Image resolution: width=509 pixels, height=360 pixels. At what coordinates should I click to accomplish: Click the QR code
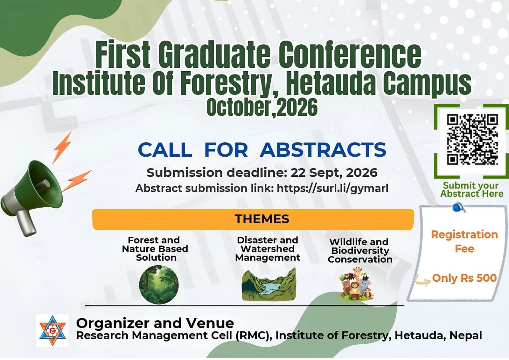click(472, 139)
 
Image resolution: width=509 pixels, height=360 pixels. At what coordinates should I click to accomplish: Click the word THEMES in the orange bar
click(262, 219)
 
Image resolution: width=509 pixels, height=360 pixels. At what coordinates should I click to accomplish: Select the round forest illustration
click(159, 285)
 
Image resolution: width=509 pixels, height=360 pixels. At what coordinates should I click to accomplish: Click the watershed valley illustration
click(269, 285)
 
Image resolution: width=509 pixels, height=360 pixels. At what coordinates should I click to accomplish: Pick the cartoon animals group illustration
click(356, 284)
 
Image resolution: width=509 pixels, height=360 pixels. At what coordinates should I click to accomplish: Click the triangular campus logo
click(52, 330)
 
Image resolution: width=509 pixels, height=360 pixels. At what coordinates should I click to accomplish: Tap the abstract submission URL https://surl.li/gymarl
click(333, 188)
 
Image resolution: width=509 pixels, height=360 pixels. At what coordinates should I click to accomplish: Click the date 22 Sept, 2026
click(334, 173)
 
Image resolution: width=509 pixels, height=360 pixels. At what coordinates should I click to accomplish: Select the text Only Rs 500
click(464, 278)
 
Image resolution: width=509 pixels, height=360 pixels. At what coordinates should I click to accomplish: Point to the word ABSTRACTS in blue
click(323, 150)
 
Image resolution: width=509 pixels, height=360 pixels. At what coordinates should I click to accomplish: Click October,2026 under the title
click(262, 107)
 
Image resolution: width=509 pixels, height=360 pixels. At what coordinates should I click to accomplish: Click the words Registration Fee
click(464, 242)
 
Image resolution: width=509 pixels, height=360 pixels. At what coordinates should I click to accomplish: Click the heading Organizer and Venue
click(155, 323)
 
